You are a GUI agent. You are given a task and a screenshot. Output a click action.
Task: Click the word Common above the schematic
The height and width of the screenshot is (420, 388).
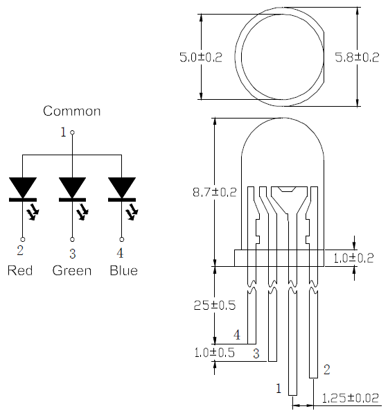click(71, 111)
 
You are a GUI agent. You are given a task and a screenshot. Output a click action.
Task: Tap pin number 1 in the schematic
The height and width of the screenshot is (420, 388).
click(63, 131)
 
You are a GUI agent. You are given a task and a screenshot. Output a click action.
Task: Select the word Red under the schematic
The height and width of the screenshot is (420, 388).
click(20, 270)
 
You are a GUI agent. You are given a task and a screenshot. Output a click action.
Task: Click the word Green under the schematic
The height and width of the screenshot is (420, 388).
click(72, 270)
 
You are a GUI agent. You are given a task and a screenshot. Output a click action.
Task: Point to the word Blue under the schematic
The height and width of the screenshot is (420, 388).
click(123, 270)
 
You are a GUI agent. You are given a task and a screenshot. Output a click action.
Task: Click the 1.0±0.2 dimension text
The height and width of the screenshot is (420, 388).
click(353, 259)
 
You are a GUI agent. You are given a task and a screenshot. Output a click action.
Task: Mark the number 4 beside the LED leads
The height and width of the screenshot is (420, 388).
click(236, 335)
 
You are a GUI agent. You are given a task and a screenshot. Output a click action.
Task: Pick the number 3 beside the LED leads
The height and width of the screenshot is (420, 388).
click(256, 354)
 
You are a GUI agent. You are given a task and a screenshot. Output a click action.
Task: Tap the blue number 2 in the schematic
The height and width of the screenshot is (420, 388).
click(20, 250)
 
